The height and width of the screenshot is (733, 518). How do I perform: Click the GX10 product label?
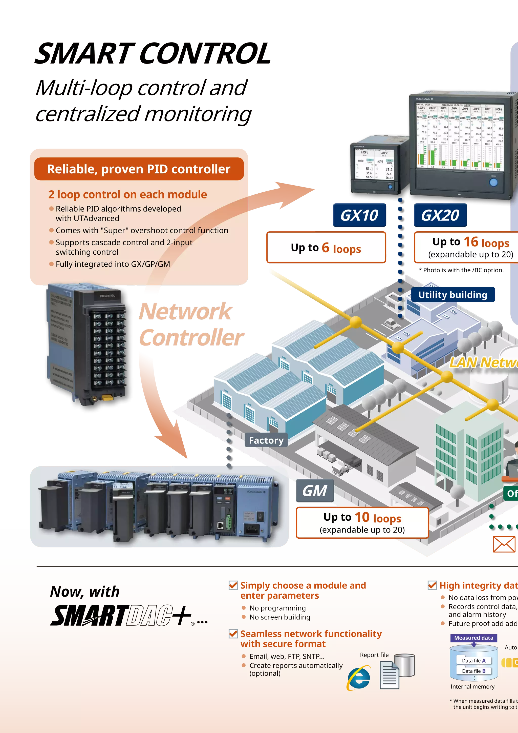(x=359, y=215)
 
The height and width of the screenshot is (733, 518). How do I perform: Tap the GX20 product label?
(x=440, y=215)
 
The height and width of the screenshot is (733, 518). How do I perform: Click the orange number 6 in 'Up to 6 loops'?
(x=325, y=248)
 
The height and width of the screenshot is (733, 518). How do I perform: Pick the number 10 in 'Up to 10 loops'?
(x=362, y=517)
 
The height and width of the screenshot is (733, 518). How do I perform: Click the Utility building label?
(x=452, y=295)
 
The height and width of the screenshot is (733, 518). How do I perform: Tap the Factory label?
(x=266, y=441)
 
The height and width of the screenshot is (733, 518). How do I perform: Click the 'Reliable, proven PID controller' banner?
(x=139, y=169)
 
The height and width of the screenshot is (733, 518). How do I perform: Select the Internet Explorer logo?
(x=359, y=678)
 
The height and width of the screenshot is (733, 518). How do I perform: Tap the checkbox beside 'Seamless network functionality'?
(x=233, y=634)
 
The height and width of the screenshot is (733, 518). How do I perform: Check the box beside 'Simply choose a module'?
(x=233, y=585)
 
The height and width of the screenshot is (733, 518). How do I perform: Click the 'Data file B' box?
(x=474, y=671)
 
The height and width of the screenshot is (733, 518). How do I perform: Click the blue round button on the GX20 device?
(x=493, y=182)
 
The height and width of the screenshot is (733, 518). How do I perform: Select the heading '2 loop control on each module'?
(x=127, y=194)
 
